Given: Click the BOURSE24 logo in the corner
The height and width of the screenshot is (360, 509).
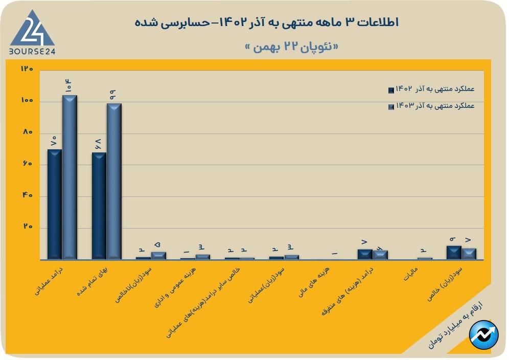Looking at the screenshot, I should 32,32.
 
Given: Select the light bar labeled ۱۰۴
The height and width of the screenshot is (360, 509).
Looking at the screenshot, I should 70,176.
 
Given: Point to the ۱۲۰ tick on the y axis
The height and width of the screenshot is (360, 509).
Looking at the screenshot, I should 27,69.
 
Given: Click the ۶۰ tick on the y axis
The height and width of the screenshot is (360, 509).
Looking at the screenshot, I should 27,164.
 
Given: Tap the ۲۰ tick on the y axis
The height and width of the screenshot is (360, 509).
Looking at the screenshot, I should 27,227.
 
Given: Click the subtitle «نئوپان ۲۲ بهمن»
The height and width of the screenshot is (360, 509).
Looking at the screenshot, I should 292,47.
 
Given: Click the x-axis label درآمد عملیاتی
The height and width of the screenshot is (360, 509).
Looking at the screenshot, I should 47,280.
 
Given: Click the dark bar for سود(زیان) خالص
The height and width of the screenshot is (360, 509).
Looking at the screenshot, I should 454,253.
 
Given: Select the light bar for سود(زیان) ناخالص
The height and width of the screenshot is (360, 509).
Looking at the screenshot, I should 158,255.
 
